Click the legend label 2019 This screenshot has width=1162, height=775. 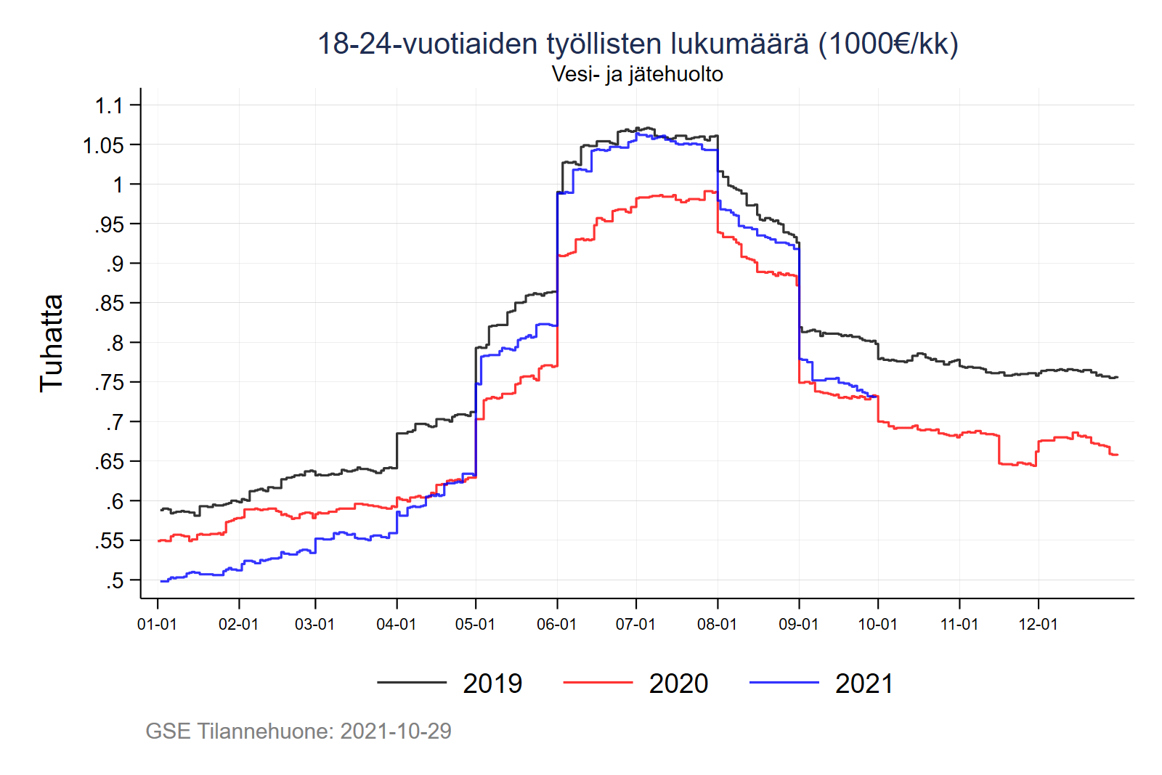492,683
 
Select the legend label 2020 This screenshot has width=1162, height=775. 678,683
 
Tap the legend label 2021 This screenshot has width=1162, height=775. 864,683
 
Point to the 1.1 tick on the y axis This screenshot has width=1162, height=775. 109,106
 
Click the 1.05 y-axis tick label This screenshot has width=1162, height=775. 103,146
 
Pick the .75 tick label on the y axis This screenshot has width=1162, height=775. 109,383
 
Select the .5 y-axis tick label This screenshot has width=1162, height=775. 114,581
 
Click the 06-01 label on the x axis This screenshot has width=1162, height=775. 556,625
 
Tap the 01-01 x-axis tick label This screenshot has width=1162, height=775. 157,625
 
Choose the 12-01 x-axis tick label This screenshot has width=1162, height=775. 1038,625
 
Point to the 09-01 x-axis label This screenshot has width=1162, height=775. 798,625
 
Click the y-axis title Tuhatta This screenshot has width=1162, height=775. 52,343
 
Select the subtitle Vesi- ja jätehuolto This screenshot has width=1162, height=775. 637,74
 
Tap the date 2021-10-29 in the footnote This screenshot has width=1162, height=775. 396,731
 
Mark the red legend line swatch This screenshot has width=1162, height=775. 597,683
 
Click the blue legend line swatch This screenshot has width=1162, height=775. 784,683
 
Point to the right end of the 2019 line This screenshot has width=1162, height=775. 1117,377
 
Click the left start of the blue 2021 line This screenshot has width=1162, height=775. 161,581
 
